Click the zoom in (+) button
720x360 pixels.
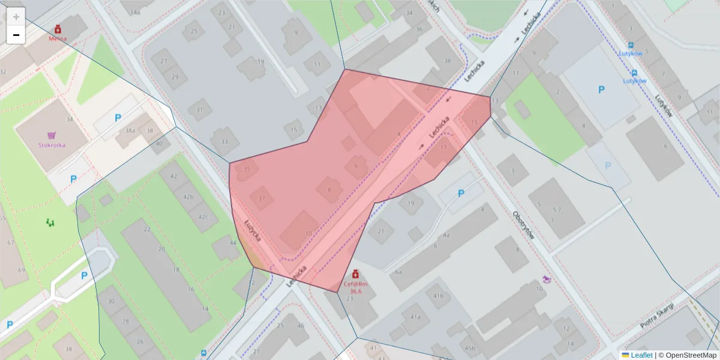coord(16,17)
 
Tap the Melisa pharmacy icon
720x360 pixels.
coord(58,29)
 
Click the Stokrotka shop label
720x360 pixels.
coord(52,145)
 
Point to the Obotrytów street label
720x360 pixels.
coord(523,225)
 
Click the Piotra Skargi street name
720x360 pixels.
coord(656,316)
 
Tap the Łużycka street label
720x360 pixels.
coord(253,230)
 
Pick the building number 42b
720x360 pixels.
coord(188,197)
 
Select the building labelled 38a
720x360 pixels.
coord(130,131)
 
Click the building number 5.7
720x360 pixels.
coord(556,209)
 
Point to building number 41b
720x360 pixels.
coord(439,296)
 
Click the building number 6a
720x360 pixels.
coord(398,271)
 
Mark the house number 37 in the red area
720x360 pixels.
coord(261,198)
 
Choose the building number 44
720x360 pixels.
coord(233,242)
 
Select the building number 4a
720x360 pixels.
coord(446,235)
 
